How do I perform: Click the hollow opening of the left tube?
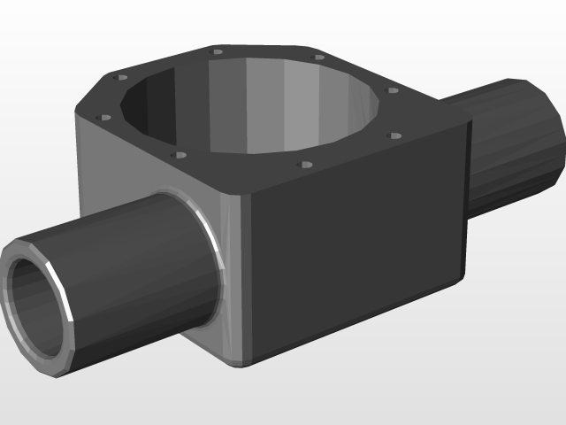(x=35, y=305)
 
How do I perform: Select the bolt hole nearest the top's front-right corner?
(x=395, y=136)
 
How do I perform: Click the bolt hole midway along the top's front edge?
(x=306, y=164)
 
